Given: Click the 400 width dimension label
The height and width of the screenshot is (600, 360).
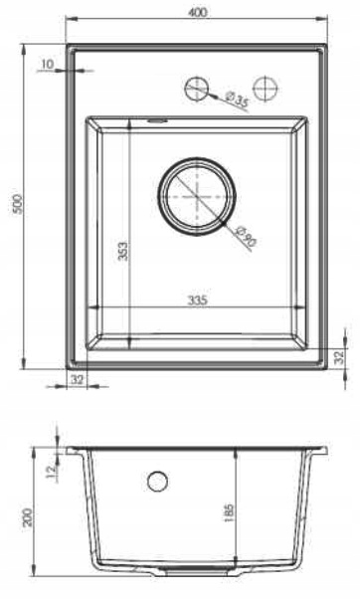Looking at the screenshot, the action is pos(198,12).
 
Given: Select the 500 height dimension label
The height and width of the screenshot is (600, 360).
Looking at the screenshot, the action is pos(19,205).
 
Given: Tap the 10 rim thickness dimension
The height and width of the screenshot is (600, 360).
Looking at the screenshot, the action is pos(47,65).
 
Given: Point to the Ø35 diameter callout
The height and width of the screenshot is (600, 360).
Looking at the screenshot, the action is pos(237,100).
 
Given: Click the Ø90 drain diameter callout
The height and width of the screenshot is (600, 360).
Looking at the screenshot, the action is pos(246,236).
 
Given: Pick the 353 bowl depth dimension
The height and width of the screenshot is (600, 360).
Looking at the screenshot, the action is pos(122,251).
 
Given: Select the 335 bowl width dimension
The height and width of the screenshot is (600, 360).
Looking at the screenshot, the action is pos(198,300).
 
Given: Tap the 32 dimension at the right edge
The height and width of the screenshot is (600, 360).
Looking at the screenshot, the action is pos(339,357).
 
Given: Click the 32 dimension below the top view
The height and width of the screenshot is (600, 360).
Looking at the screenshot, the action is pos(77,379).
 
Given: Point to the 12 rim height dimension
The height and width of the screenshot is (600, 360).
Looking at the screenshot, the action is pos(51,472).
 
